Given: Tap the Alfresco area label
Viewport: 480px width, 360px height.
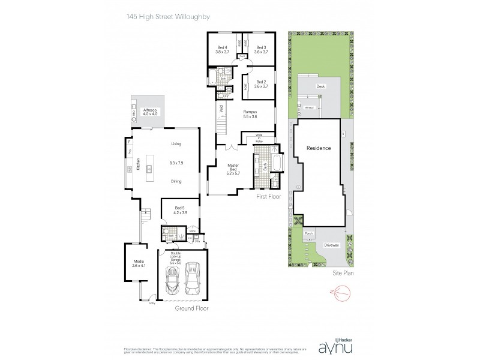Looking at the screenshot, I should (149, 113).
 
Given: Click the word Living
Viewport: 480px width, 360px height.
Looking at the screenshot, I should (176, 144).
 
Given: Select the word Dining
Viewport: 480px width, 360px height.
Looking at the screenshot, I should (176, 181).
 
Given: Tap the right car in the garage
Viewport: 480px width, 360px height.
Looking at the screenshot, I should (193, 279).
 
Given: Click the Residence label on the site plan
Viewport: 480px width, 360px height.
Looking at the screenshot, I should (319, 148).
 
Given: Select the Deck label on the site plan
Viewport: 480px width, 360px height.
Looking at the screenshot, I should (320, 87).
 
